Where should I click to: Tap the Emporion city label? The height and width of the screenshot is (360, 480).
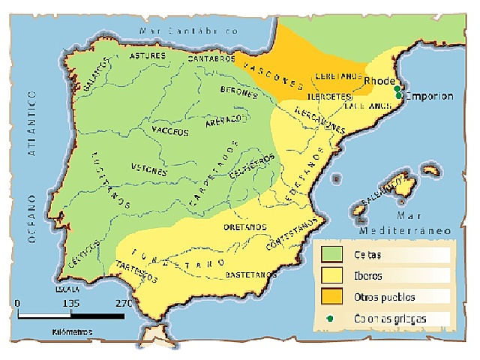pos(428,96)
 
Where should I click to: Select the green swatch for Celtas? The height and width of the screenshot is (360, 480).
pos(332,253)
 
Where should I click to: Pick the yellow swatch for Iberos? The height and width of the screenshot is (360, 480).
pos(332,275)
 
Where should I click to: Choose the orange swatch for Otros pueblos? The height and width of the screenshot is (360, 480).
pos(332,296)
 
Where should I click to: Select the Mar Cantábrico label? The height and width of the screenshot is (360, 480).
pos(188,31)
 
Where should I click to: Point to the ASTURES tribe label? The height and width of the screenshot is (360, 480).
pos(147,56)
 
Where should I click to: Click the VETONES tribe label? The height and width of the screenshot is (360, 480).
pos(148,169)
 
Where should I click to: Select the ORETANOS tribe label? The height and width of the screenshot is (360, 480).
pos(244,226)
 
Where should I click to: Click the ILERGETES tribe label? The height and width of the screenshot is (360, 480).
pos(329,96)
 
